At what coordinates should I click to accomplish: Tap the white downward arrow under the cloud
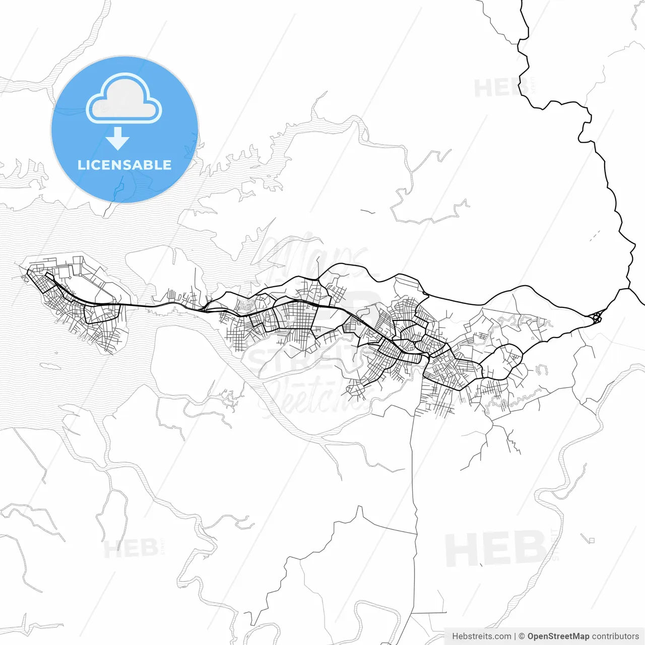(x=118, y=139)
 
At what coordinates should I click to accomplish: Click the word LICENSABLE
(x=124, y=165)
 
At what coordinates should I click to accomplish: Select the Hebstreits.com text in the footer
(x=481, y=636)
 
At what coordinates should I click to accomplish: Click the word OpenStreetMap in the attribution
(x=558, y=636)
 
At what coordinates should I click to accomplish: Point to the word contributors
(x=615, y=636)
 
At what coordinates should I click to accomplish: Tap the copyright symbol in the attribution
(x=522, y=636)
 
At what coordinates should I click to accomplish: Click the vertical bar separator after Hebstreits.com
(x=515, y=636)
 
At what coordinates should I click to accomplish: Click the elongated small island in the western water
(x=49, y=365)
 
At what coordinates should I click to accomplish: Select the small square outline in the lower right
(x=592, y=541)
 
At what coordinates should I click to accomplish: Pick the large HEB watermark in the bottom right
(x=496, y=549)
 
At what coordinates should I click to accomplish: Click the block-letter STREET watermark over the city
(x=302, y=359)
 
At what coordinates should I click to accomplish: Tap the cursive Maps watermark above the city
(x=312, y=254)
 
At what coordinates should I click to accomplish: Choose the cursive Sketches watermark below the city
(x=312, y=396)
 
